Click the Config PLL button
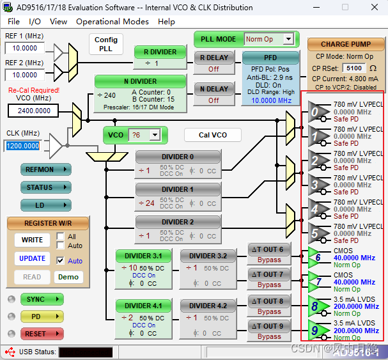point(106,43)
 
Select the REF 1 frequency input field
point(25,48)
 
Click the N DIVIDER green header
point(140,81)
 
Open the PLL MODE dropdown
point(288,39)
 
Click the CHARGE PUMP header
point(345,45)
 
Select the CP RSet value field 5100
point(353,68)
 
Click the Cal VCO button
point(213,135)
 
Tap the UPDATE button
point(32,258)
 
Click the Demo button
point(68,277)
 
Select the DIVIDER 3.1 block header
point(143,255)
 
